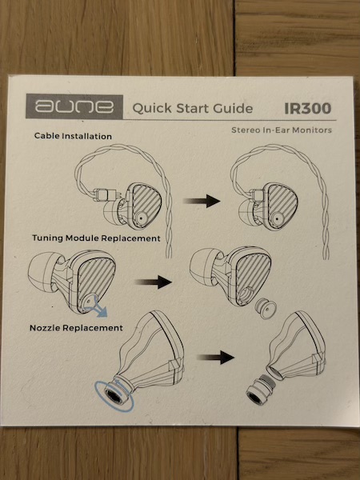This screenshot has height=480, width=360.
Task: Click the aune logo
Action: (74, 106)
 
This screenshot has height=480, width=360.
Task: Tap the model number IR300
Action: (308, 108)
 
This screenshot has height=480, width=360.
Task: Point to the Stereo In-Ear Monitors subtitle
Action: (282, 130)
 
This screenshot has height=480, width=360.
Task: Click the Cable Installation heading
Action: (73, 136)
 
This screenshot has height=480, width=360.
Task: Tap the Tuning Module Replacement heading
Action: (96, 238)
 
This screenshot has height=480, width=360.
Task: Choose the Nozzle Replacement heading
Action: (76, 328)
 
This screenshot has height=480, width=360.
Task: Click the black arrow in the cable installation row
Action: (202, 201)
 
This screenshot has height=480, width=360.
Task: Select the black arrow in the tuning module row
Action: (154, 282)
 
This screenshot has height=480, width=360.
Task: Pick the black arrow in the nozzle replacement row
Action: (216, 358)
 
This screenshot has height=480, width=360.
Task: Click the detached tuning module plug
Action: (266, 308)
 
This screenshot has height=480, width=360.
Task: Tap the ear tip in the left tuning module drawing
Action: (44, 271)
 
